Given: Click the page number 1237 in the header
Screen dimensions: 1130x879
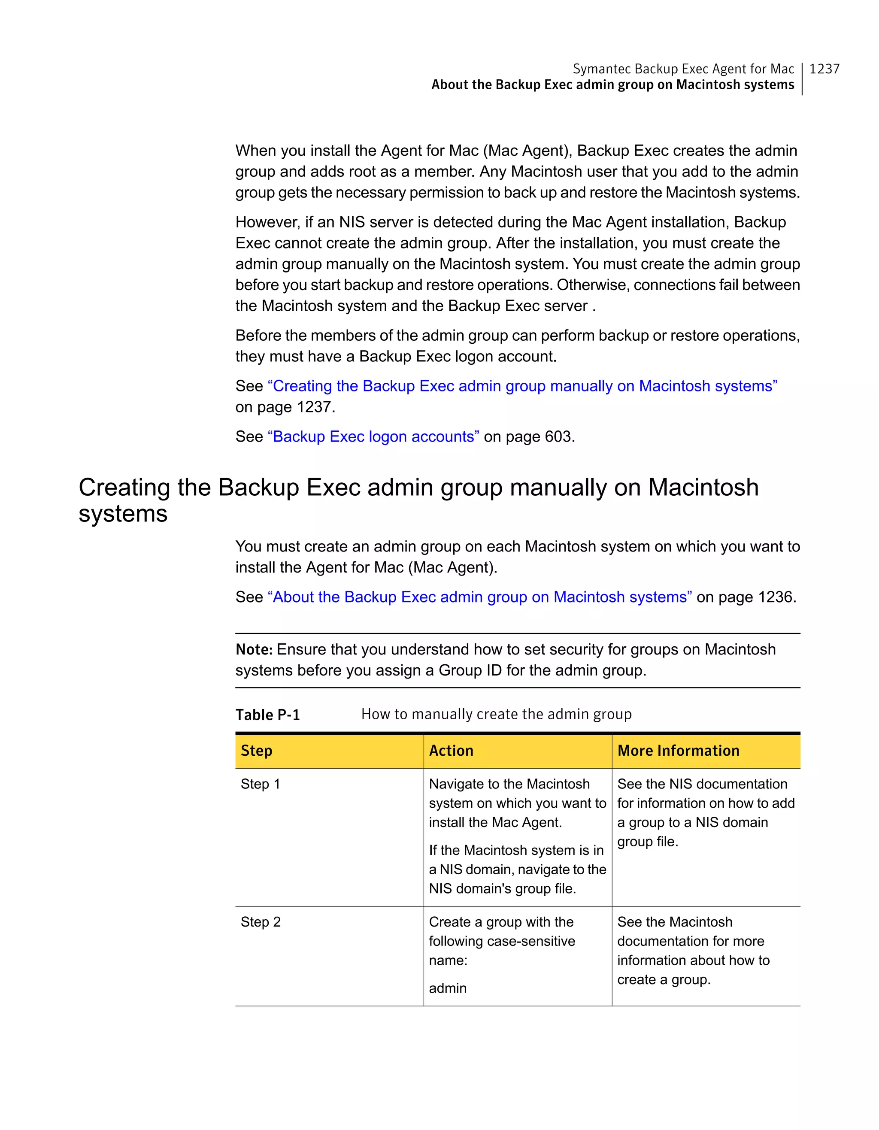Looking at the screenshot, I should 824,69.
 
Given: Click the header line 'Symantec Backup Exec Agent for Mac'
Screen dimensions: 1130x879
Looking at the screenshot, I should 683,69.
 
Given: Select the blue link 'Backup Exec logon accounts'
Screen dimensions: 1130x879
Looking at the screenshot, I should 373,437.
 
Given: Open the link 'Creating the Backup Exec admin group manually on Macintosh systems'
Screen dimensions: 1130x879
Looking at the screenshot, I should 522,386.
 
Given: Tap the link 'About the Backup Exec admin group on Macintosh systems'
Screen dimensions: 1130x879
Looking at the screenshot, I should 479,597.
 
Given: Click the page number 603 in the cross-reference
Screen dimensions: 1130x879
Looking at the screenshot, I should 558,437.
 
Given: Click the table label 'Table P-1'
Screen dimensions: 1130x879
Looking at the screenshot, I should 267,715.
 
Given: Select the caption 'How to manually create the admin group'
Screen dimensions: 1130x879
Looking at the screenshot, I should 496,715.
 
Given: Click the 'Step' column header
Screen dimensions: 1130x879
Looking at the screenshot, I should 257,751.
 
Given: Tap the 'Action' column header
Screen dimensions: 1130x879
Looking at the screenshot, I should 451,751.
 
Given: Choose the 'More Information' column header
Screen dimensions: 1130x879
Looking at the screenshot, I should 678,751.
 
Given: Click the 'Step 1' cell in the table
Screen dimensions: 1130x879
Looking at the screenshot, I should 260,785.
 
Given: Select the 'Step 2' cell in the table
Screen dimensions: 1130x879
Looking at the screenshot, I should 260,922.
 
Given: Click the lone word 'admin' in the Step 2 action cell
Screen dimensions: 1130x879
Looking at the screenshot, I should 448,988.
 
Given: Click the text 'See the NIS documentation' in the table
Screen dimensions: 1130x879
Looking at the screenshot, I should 702,785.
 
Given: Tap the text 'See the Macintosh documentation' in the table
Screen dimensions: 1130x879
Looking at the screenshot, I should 675,922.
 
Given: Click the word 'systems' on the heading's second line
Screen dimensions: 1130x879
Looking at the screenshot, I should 123,514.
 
